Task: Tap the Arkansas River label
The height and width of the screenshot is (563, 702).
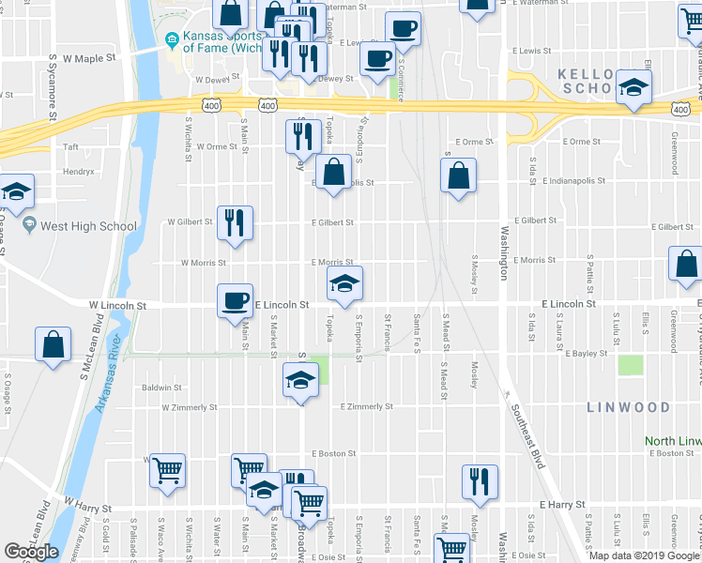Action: pyautogui.click(x=101, y=384)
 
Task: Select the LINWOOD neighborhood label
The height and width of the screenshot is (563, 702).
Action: pyautogui.click(x=629, y=408)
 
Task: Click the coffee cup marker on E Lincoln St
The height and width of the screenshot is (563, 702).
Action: pyautogui.click(x=235, y=301)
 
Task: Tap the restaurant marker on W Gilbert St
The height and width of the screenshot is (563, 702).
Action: pyautogui.click(x=235, y=223)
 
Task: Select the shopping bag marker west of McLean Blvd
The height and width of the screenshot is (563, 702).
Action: pyautogui.click(x=53, y=344)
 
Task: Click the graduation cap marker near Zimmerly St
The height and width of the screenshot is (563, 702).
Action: pyautogui.click(x=300, y=381)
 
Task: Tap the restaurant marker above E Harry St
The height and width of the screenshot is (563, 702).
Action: pyautogui.click(x=480, y=482)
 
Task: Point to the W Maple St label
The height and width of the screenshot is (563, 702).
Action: pyautogui.click(x=89, y=58)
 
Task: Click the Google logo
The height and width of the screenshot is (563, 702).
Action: pyautogui.click(x=30, y=552)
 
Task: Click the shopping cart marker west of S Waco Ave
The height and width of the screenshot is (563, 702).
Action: pyautogui.click(x=167, y=470)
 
